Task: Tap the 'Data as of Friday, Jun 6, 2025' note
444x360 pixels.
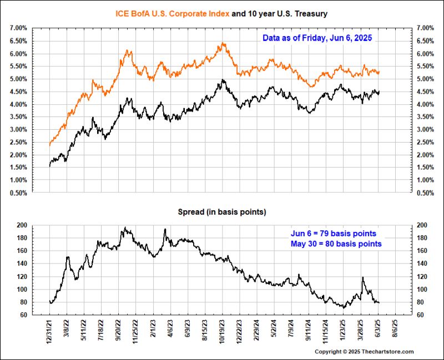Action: click(x=317, y=38)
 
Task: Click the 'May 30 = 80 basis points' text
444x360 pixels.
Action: click(x=336, y=244)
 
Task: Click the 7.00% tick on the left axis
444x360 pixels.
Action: click(x=18, y=28)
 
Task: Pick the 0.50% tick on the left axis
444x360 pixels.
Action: click(x=18, y=193)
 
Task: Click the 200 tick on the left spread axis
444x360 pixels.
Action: click(x=22, y=225)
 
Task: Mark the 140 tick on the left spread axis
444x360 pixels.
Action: click(x=22, y=263)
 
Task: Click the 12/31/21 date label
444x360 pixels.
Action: click(x=50, y=331)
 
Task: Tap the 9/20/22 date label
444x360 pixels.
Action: click(x=119, y=331)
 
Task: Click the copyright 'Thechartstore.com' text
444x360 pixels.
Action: click(x=364, y=352)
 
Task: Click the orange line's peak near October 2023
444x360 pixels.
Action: click(x=223, y=43)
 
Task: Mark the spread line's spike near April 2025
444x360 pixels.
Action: click(x=362, y=277)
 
